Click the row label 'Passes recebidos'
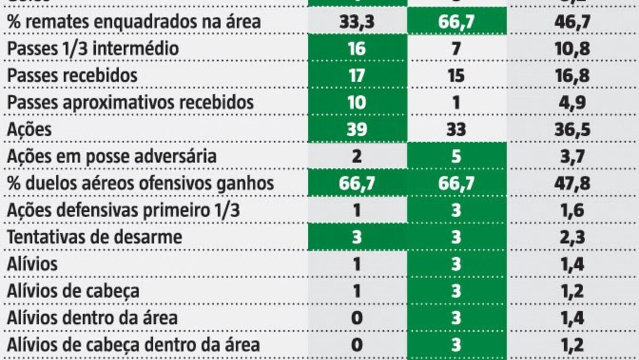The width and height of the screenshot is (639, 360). (x=72, y=76)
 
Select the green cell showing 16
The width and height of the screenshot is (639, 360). (x=357, y=48)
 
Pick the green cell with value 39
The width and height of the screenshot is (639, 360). (x=357, y=129)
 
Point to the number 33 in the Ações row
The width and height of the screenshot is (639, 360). (x=456, y=129)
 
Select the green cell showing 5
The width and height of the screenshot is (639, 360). (x=456, y=157)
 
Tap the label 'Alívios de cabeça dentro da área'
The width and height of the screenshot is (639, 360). (x=133, y=345)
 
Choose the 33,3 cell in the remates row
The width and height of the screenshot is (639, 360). (x=357, y=21)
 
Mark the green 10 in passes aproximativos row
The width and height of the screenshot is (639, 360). (x=357, y=103)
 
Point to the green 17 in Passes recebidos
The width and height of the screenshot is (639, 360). (x=357, y=76)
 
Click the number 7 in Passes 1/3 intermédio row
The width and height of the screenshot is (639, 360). (x=456, y=48)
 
